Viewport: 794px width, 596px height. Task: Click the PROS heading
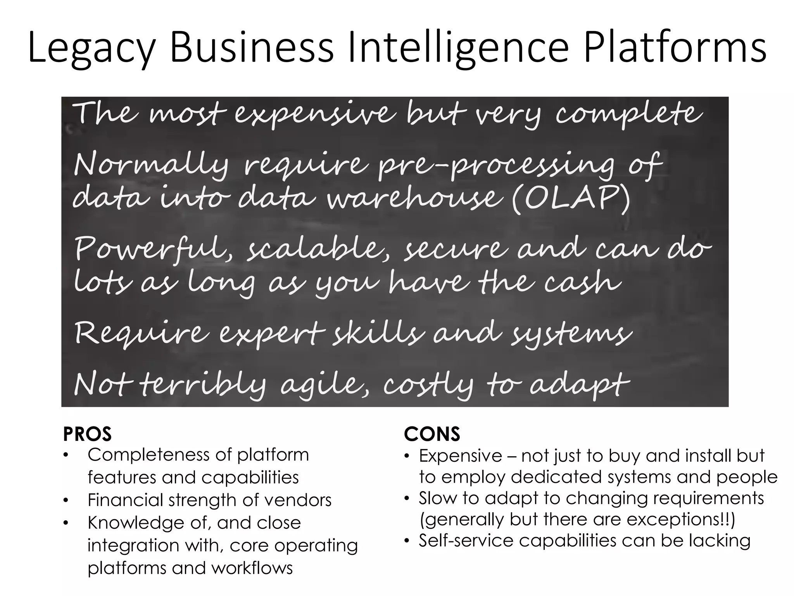click(87, 434)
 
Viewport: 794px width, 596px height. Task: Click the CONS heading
click(432, 434)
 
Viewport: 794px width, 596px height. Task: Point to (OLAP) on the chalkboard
click(571, 199)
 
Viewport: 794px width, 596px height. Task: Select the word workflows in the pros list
click(252, 568)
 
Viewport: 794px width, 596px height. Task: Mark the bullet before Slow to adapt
click(406, 499)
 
